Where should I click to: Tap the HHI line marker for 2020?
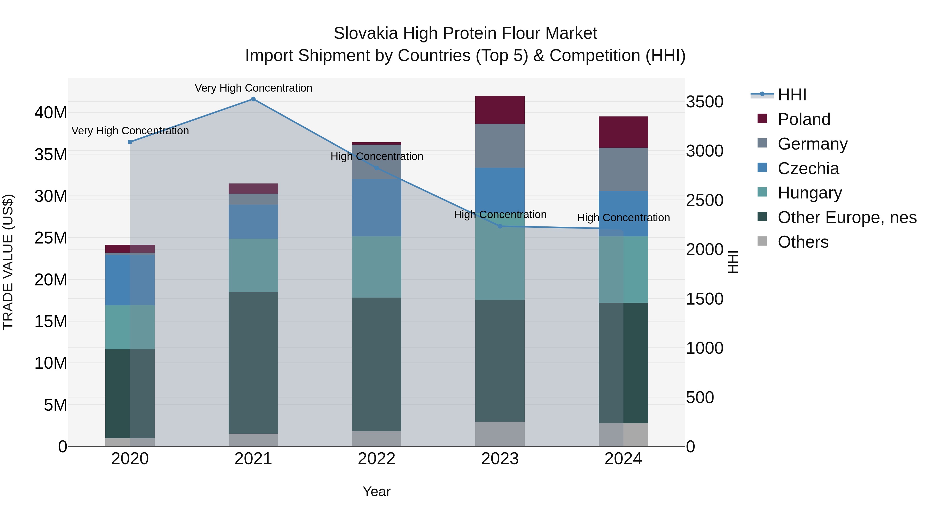pyautogui.click(x=130, y=142)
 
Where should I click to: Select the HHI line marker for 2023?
pyautogui.click(x=500, y=226)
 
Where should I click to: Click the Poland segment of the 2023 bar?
pyautogui.click(x=500, y=110)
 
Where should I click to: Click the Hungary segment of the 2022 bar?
pyautogui.click(x=377, y=267)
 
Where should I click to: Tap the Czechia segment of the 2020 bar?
pyautogui.click(x=130, y=280)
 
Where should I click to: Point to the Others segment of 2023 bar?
pyautogui.click(x=500, y=434)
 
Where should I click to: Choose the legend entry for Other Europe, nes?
pyautogui.click(x=847, y=217)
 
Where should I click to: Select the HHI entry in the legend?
pyautogui.click(x=792, y=95)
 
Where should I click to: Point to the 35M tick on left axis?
pyautogui.click(x=51, y=155)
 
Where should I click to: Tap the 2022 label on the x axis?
pyautogui.click(x=377, y=459)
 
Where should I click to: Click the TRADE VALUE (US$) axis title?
pyautogui.click(x=8, y=262)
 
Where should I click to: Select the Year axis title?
pyautogui.click(x=377, y=491)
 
